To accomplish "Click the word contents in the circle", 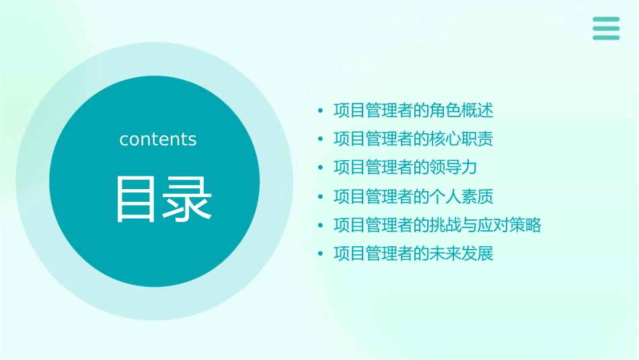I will [x=158, y=139].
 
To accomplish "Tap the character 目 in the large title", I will [x=135, y=199].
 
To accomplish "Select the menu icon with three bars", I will [x=605, y=28].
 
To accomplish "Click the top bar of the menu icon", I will [x=605, y=19].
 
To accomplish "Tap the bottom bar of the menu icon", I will [x=605, y=38].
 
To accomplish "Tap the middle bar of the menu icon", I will [x=605, y=28].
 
